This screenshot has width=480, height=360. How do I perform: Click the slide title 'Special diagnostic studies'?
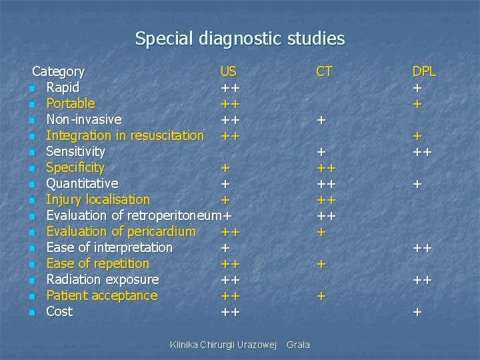240,39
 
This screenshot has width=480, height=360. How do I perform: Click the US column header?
229,71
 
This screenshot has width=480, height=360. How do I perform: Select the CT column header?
325,71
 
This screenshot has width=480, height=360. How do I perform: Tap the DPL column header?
424,71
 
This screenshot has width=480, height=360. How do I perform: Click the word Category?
59,71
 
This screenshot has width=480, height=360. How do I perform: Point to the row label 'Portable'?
70,103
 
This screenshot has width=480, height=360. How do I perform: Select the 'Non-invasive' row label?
83,119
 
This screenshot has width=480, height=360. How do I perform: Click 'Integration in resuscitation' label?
125,135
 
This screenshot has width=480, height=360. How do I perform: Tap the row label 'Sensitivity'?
75,151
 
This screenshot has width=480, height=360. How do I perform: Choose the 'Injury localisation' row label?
98,199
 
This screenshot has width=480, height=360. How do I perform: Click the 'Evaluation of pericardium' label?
121,231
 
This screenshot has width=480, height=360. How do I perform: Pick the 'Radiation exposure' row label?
102,279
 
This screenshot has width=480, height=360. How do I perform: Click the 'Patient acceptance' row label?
101,295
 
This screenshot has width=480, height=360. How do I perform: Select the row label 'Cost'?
59,311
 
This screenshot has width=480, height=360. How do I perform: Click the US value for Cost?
231,312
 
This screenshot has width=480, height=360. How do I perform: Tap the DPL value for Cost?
417,312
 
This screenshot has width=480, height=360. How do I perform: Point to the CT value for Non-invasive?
321,120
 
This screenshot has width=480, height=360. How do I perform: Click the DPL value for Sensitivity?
422,152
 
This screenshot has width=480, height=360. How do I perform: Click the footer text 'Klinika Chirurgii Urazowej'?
223,345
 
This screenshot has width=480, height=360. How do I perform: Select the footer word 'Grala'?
297,345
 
